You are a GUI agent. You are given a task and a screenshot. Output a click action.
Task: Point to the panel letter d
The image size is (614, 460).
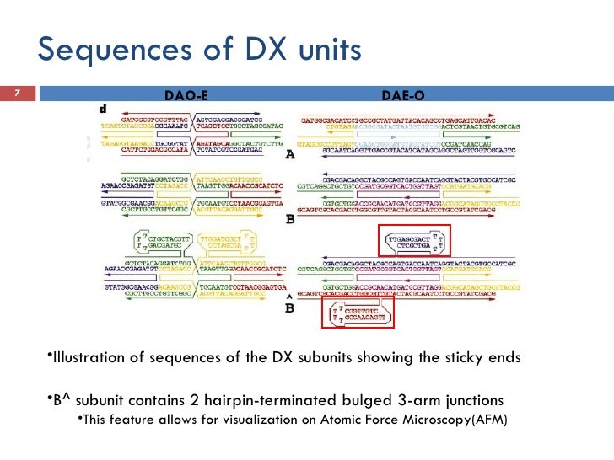pos(103,110)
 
